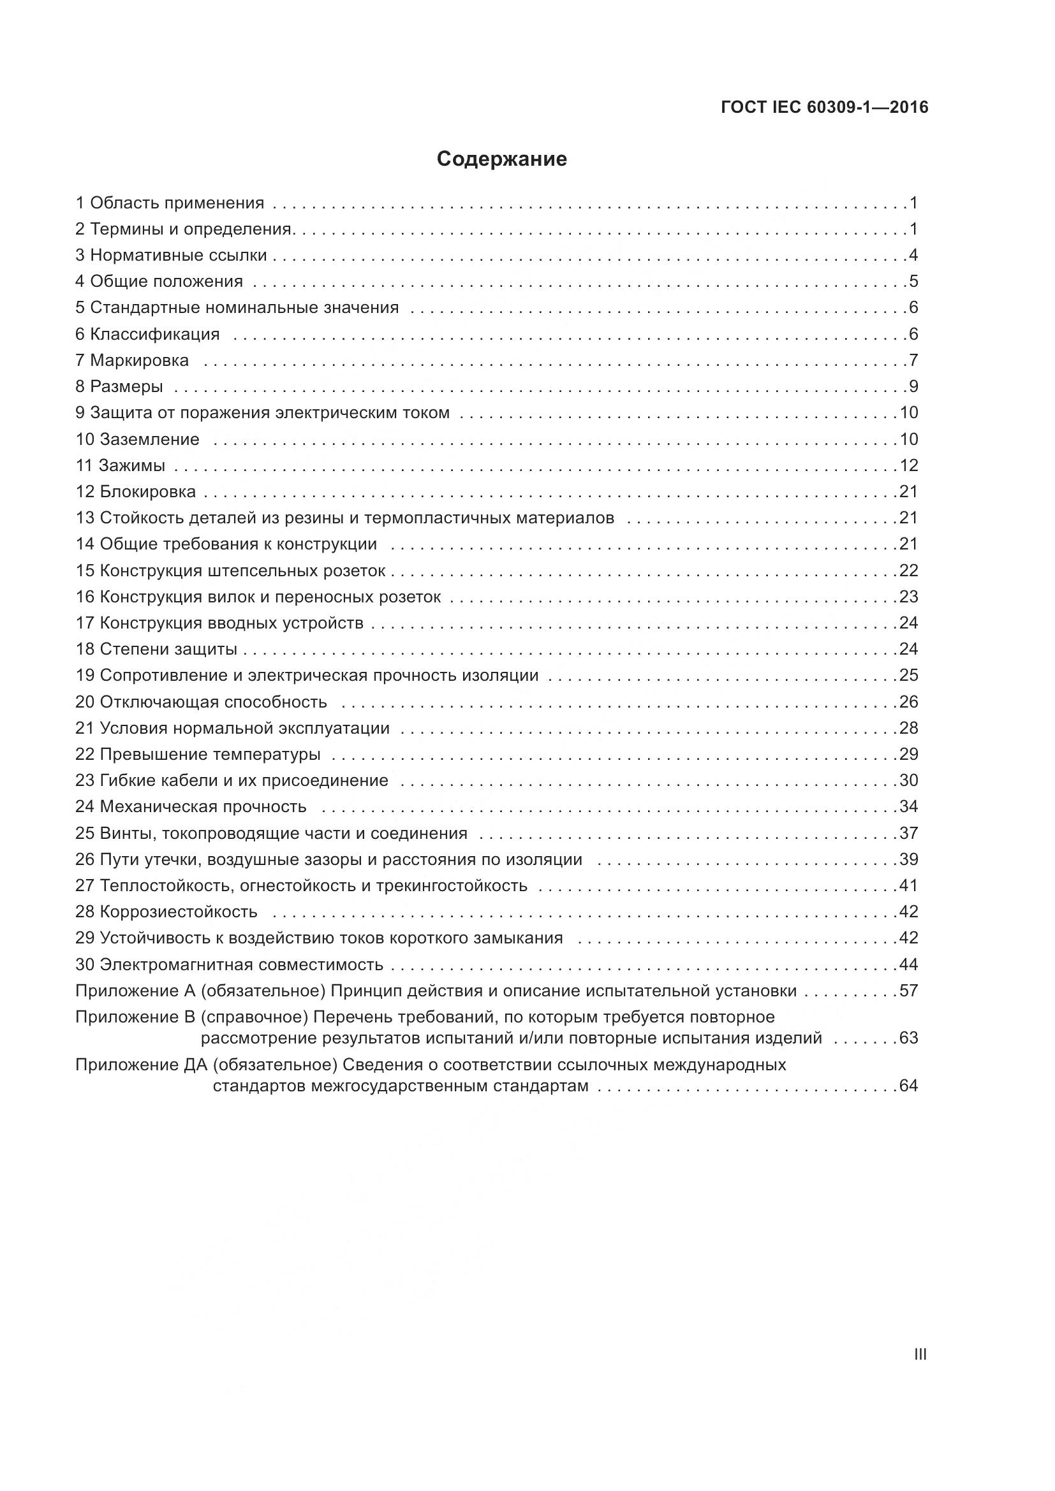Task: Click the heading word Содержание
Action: [501, 159]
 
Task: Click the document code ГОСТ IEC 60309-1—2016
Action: [824, 107]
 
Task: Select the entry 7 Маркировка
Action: [133, 360]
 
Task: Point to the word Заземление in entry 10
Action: [149, 439]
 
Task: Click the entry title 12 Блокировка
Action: [136, 491]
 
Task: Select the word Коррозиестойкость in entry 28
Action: [179, 912]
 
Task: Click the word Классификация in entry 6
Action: [154, 335]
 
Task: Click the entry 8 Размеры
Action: [119, 387]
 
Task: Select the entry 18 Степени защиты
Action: [156, 650]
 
